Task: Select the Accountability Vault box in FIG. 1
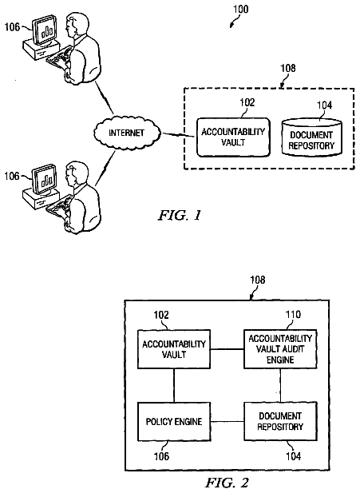click(x=233, y=137)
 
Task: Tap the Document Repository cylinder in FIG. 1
click(x=311, y=137)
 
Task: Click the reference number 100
click(x=240, y=9)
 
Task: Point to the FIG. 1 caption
click(x=180, y=215)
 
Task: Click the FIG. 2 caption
click(x=227, y=483)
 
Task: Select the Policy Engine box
click(x=174, y=421)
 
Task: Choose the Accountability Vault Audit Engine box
click(x=280, y=349)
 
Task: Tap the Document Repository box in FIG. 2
click(x=280, y=421)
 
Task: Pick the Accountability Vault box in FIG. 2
click(x=174, y=349)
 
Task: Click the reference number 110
click(x=293, y=314)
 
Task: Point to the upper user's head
click(x=74, y=24)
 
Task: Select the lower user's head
click(x=74, y=174)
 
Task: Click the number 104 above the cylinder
click(x=324, y=105)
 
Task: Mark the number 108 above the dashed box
click(x=287, y=68)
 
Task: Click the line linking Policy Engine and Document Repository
click(x=227, y=421)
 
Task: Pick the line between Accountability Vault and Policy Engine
click(x=174, y=385)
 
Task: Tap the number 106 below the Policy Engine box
click(x=161, y=456)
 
